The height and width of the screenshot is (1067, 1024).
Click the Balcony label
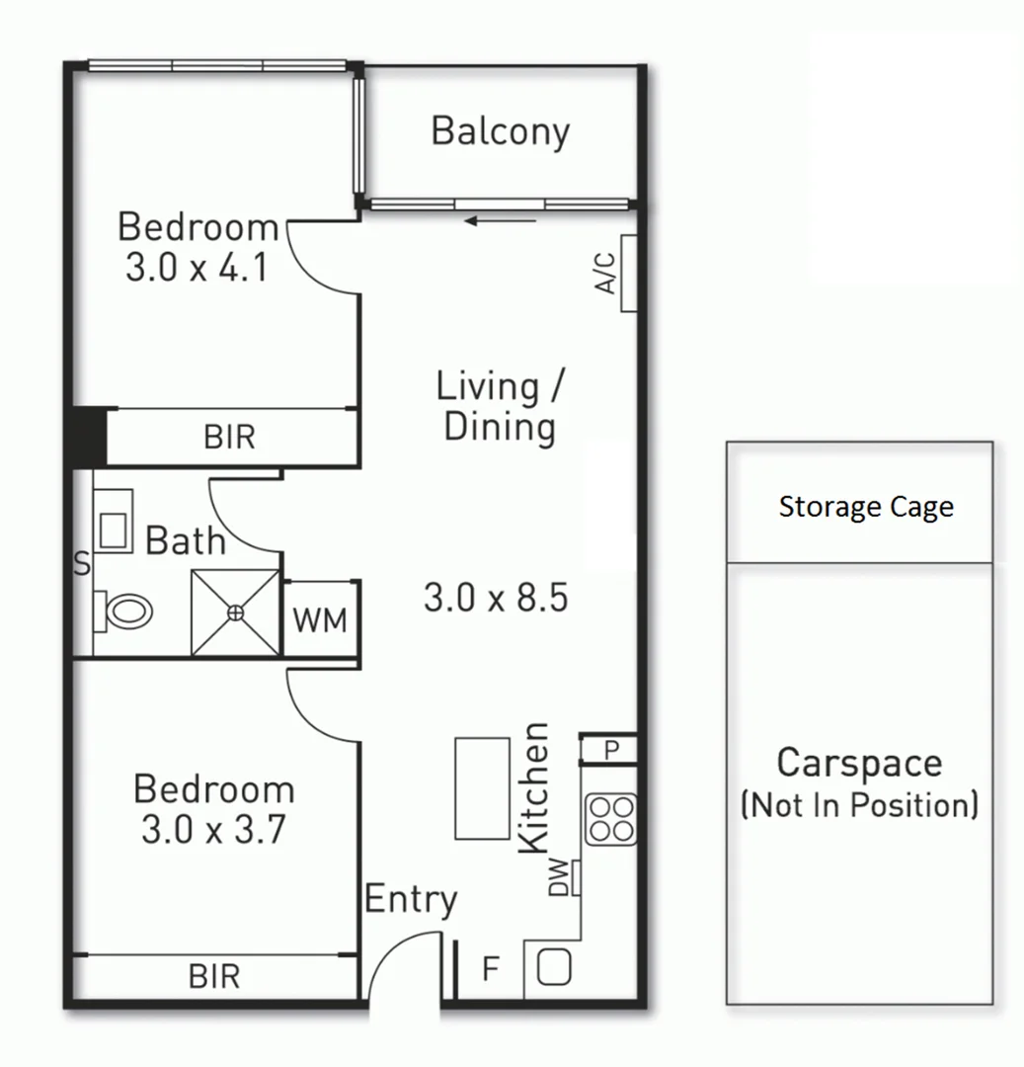501,131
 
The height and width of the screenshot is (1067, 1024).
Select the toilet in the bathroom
125,611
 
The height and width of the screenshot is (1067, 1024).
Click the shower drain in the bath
235,613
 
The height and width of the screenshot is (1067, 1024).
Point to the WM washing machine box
321,620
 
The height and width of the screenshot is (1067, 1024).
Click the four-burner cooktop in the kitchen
610,819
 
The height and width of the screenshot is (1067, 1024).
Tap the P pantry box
611,750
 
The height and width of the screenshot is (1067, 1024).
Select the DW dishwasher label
560,876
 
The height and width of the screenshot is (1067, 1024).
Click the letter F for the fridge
490,970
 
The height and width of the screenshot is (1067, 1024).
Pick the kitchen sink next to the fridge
555,966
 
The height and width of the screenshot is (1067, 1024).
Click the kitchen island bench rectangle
482,787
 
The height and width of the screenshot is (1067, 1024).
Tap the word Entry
411,900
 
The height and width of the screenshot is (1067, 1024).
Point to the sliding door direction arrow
501,220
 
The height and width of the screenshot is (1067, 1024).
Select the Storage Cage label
866,508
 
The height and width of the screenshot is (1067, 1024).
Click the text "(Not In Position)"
859,805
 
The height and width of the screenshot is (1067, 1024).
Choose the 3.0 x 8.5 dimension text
496,598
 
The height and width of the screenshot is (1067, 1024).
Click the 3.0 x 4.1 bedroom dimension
197,268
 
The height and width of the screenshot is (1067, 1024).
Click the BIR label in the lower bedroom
214,977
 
